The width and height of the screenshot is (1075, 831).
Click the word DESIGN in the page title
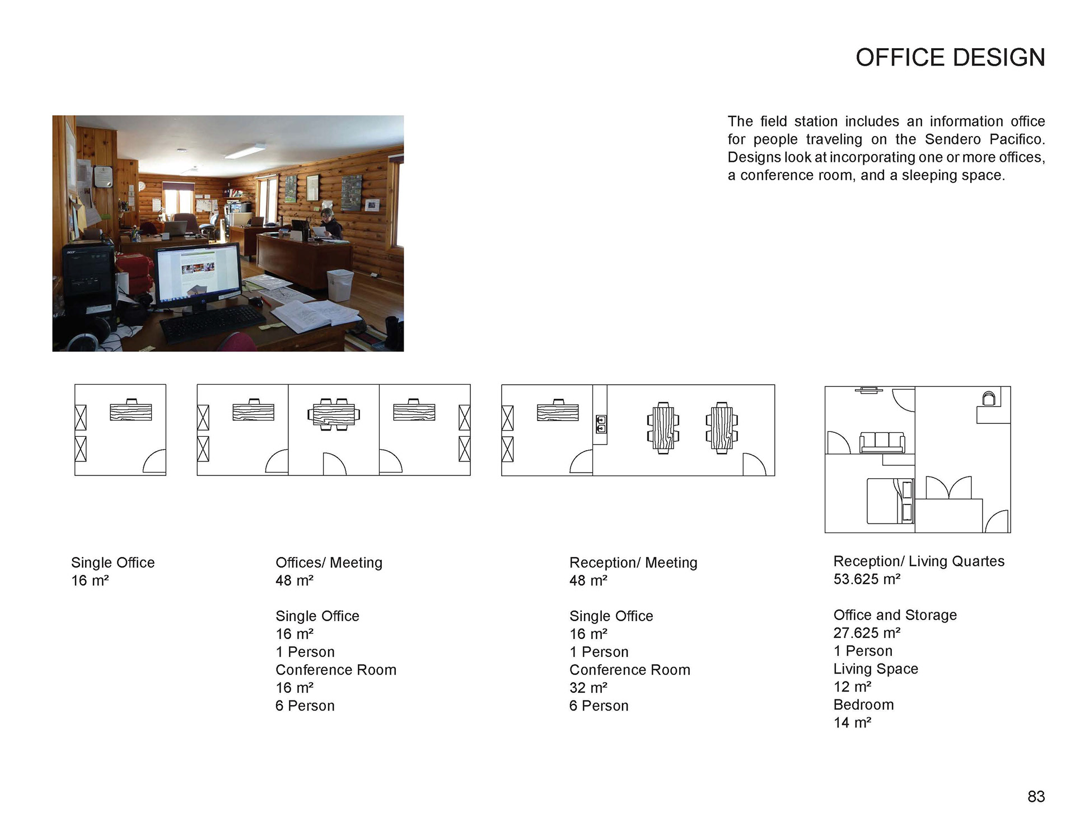tap(998, 58)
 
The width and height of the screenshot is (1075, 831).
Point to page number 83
tap(1036, 797)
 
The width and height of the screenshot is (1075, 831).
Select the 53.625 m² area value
tap(867, 579)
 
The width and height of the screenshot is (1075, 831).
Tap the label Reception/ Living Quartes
tap(919, 561)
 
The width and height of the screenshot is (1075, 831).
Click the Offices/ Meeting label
tap(329, 563)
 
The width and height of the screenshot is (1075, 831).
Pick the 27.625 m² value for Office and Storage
tap(867, 633)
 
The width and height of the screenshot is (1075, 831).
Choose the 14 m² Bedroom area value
tap(852, 722)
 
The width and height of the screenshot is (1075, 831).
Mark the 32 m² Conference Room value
tap(588, 688)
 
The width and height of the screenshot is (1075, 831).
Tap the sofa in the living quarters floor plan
tap(882, 442)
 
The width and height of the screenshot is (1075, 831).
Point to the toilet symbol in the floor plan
tap(989, 398)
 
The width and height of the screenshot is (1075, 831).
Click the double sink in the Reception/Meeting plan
tap(601, 424)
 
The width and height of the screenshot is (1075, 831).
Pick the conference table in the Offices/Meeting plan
tap(334, 415)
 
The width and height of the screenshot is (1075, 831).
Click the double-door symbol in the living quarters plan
tap(948, 488)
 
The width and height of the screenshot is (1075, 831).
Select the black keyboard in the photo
tap(213, 323)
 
